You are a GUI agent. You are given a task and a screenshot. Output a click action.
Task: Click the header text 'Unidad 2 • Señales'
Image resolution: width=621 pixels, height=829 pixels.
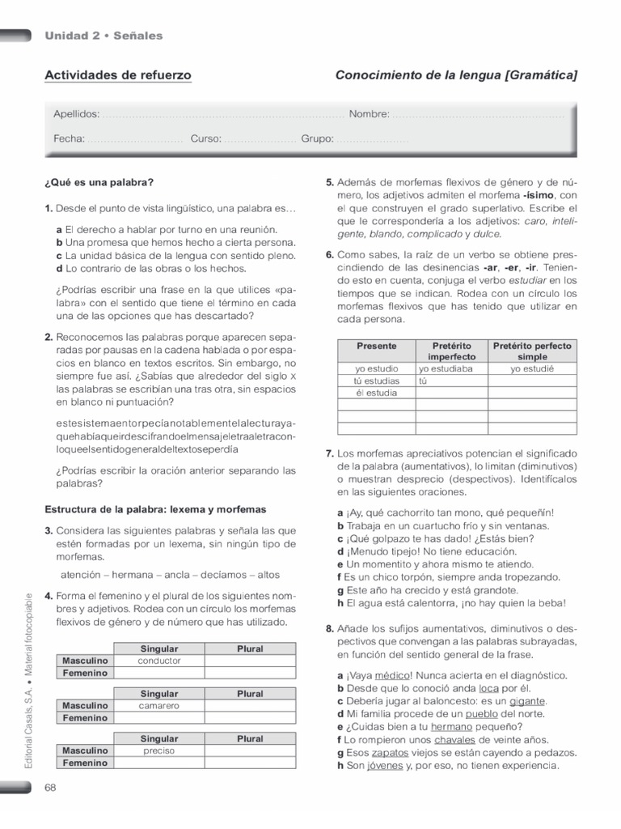[x=103, y=36]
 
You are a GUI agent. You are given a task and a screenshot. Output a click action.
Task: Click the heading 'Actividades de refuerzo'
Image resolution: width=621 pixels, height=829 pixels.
[x=118, y=75]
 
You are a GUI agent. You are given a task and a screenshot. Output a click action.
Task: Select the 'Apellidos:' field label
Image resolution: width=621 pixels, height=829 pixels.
[x=77, y=114]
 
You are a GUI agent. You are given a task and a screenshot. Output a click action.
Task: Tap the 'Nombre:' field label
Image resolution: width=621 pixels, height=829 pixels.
[x=370, y=114]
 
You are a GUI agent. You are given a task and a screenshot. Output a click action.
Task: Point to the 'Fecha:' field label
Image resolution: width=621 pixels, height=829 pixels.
[x=70, y=138]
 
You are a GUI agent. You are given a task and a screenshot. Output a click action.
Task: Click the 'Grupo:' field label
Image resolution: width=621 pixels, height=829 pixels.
[x=318, y=138]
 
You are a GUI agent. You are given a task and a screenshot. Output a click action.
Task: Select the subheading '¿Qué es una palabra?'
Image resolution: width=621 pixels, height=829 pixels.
[x=99, y=181]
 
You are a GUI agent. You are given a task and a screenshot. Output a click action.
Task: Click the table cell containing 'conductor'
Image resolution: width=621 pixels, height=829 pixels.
[x=158, y=661]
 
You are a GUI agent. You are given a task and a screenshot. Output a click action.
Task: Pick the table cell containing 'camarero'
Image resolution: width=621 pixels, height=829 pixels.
[x=158, y=706]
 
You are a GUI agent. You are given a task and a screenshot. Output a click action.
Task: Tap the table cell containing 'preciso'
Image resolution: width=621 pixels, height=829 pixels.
[x=158, y=750]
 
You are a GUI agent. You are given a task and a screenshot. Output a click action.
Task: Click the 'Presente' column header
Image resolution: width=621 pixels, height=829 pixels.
[x=376, y=346]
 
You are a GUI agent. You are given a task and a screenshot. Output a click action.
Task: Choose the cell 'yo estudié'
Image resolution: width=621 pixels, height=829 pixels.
[x=532, y=368]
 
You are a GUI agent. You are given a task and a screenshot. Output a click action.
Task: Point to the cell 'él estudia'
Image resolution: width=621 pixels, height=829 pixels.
[x=376, y=393]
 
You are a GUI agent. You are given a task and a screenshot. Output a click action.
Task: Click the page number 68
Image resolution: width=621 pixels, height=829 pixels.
[x=50, y=788]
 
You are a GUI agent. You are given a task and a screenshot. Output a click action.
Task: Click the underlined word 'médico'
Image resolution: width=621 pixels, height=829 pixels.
[x=393, y=675]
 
